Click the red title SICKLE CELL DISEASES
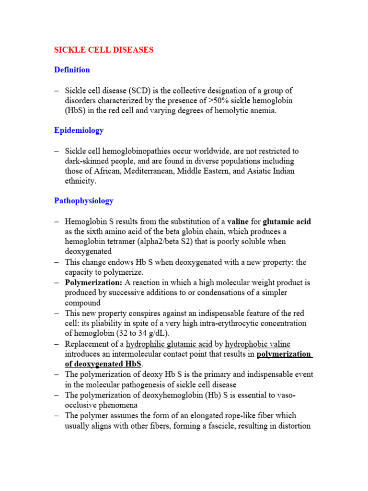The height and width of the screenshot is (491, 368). [103, 50]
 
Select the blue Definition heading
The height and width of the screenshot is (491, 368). [72, 70]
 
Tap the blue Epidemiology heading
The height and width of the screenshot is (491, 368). [79, 130]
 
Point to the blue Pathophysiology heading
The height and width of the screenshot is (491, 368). [84, 200]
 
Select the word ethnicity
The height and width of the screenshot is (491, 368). [80, 181]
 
